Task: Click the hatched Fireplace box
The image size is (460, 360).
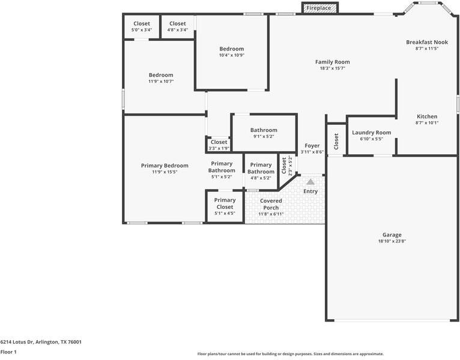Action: (320, 8)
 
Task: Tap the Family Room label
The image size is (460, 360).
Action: (332, 62)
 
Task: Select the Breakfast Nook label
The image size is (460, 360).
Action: (427, 42)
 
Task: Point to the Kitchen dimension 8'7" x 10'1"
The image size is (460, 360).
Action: (427, 123)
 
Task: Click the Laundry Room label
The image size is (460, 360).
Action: (371, 133)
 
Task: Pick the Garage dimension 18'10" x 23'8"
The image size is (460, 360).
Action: (392, 241)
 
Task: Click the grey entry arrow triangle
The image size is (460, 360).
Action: (310, 182)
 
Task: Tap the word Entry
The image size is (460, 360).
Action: (310, 191)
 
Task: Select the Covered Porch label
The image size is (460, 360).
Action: (271, 205)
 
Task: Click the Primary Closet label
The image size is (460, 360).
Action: (225, 203)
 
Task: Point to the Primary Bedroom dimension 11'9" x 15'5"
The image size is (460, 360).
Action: (165, 172)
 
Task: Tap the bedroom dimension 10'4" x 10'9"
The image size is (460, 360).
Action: (231, 55)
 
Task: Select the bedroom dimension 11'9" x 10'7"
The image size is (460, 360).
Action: (161, 81)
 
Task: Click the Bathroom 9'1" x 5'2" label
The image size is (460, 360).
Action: (264, 133)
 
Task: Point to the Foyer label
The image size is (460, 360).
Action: (312, 146)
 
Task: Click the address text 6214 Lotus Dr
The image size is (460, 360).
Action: (17, 342)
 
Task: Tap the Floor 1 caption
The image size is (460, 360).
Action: (8, 352)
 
